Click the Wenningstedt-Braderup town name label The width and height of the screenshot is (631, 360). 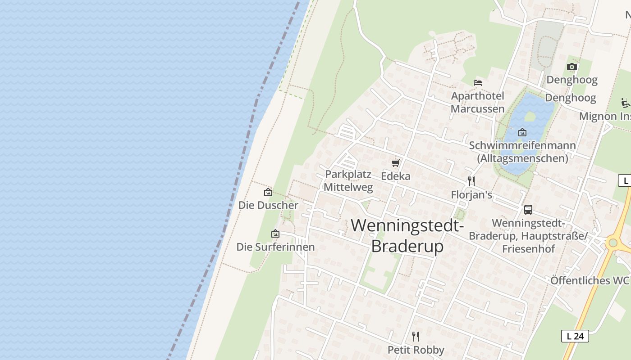(407, 235)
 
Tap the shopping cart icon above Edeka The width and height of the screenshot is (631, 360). (396, 163)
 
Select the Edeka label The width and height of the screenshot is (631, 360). (396, 176)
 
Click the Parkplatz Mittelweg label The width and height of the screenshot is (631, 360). (348, 180)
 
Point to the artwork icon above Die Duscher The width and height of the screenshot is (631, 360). (268, 192)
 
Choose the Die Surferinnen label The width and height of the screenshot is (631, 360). (275, 247)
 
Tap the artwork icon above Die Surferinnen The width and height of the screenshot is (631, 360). (275, 234)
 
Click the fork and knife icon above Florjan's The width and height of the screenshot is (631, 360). (471, 181)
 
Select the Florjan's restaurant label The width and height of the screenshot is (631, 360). (471, 195)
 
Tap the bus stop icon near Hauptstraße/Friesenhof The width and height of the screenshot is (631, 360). (528, 210)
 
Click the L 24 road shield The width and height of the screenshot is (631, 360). (575, 336)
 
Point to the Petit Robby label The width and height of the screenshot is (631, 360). (416, 350)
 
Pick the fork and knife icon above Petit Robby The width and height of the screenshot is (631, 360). (416, 336)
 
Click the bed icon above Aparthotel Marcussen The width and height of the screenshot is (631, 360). (478, 83)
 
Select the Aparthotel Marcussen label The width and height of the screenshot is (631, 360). (477, 102)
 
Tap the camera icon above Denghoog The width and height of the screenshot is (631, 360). (572, 67)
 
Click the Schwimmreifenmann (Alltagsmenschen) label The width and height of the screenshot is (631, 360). (522, 152)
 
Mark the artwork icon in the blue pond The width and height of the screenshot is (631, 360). (522, 132)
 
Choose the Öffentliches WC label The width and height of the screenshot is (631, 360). (589, 280)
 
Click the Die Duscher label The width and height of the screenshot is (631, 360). (268, 205)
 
